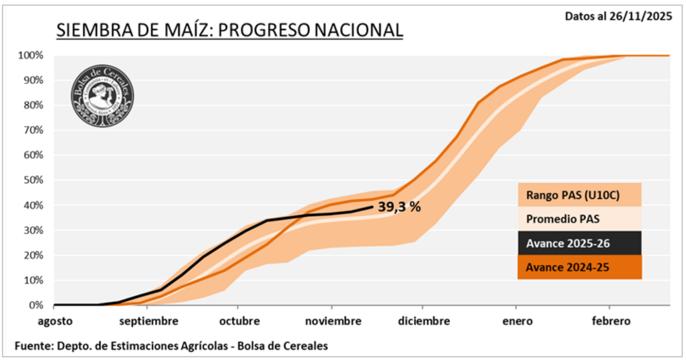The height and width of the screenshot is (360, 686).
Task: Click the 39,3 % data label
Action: point(399,207)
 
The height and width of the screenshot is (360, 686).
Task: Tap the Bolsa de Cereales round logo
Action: point(102,96)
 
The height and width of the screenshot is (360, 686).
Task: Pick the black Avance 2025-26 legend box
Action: point(579,243)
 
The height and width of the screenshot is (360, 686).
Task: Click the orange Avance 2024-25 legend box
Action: point(579,267)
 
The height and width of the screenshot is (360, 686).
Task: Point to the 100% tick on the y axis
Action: point(31,55)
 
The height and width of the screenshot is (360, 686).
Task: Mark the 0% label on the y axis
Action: point(36,305)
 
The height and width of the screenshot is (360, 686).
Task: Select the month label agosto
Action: point(55,321)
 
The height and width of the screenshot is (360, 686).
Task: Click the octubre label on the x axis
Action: point(239,321)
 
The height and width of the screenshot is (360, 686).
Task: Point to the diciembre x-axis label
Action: point(424,321)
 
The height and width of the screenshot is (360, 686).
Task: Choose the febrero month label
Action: point(611,321)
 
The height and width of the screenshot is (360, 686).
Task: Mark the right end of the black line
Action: point(373,207)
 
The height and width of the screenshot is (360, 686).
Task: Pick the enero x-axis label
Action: point(517,321)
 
